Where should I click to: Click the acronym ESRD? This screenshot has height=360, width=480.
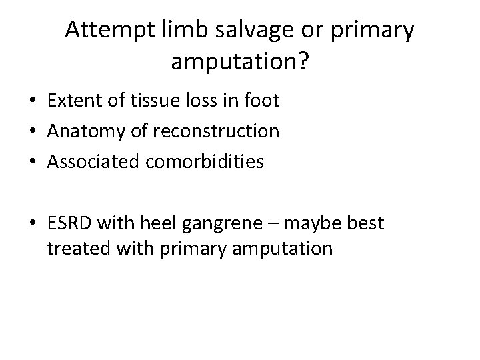tap(69, 223)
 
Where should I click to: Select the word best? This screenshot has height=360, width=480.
tap(364, 223)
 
